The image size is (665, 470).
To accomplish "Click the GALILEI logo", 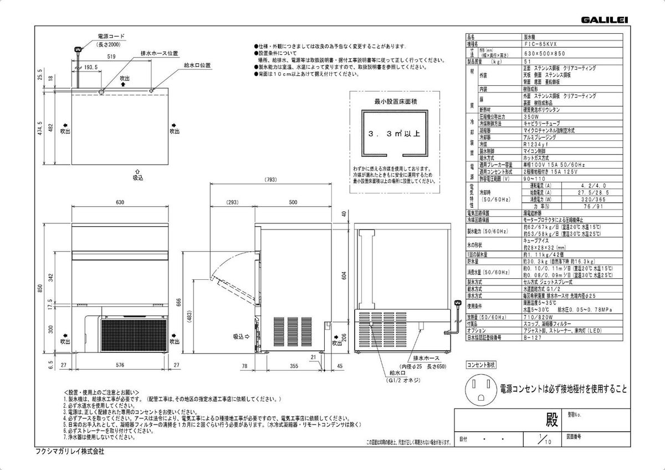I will point(604,20).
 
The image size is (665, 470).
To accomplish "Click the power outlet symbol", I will point(482,389).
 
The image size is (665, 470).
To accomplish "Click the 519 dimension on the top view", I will point(111,57).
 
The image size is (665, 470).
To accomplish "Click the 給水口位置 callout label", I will point(197,65).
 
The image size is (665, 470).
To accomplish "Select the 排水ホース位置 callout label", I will point(159,53).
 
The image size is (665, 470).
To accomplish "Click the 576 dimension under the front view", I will point(120,366).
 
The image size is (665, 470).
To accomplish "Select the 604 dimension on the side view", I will point(344,277).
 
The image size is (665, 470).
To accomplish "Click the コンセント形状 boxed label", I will point(481,365).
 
